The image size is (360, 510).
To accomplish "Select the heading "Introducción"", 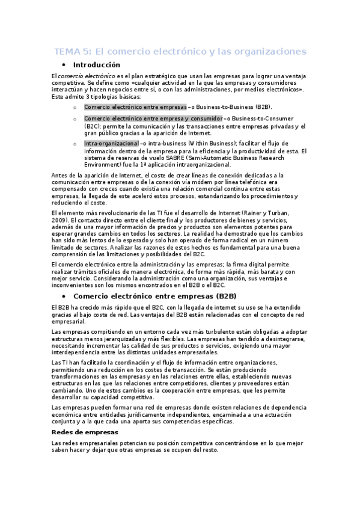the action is [96, 65].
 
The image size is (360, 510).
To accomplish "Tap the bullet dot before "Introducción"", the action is [63, 65].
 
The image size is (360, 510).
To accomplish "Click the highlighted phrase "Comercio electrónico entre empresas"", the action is [135, 106].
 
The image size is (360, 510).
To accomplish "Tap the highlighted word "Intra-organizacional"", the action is [111, 144].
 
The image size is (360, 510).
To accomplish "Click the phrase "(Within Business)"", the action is [219, 144].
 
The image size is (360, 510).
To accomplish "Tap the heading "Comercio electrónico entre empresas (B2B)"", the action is [154, 296].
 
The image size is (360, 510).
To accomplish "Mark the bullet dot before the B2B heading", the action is [63, 296].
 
